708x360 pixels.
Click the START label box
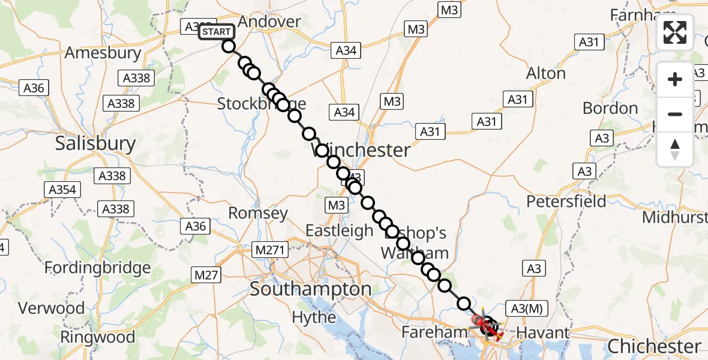pyautogui.click(x=215, y=31)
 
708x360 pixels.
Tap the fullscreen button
pyautogui.click(x=675, y=32)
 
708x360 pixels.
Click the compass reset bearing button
pyautogui.click(x=675, y=149)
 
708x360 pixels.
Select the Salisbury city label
pyautogui.click(x=95, y=143)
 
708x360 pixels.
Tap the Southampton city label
pyautogui.click(x=310, y=289)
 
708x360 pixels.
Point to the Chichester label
pyautogui.click(x=654, y=346)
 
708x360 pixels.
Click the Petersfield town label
pyautogui.click(x=566, y=201)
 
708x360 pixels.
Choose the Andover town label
pyautogui.click(x=269, y=22)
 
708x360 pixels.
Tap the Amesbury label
pyautogui.click(x=103, y=52)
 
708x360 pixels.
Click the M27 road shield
pyautogui.click(x=207, y=275)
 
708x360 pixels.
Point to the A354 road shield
pyautogui.click(x=61, y=190)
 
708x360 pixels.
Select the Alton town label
pyautogui.click(x=545, y=73)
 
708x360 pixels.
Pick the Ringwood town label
pyautogui.click(x=106, y=337)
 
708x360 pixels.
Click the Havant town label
pyautogui.click(x=542, y=332)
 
